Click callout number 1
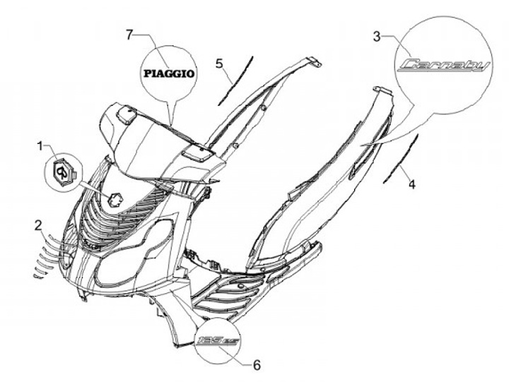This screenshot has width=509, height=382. tap(43, 146)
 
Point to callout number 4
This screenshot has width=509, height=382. tap(411, 184)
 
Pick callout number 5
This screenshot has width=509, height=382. tap(220, 64)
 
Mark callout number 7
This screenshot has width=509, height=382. tap(129, 34)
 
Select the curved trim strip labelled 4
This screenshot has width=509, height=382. tap(401, 158)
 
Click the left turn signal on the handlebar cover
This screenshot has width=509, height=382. tap(122, 112)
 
